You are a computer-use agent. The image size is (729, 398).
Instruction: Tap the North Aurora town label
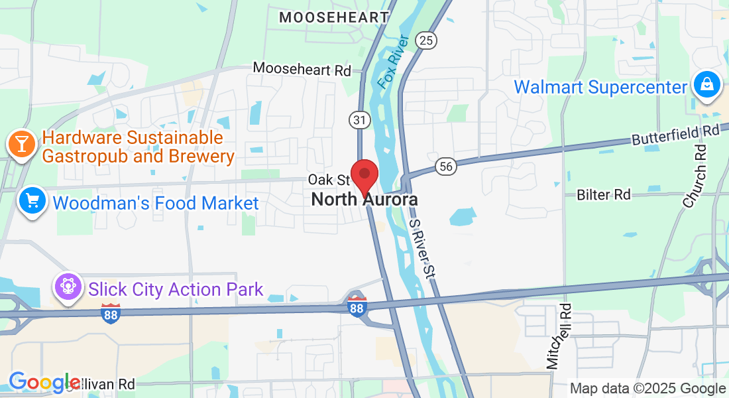[x=364, y=199]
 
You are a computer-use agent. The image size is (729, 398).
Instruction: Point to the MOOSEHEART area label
[x=333, y=17]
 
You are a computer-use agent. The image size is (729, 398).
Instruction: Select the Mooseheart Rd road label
[x=302, y=68]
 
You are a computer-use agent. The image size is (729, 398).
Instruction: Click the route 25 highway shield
[x=426, y=41]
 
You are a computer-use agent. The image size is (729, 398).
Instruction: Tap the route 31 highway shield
[x=359, y=120]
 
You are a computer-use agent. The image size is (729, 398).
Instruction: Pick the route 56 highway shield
[x=445, y=166]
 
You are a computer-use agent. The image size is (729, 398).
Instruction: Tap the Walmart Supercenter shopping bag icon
[x=706, y=85]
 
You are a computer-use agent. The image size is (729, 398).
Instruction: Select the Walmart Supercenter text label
[x=600, y=87]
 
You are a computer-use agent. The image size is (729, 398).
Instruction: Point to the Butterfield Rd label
[x=675, y=135]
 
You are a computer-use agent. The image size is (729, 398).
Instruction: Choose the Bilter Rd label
[x=603, y=194]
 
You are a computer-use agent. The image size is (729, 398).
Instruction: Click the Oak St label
[x=329, y=180]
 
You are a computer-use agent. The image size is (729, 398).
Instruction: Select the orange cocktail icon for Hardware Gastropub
[x=20, y=144]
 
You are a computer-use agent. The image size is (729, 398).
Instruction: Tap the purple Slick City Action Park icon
[x=68, y=288]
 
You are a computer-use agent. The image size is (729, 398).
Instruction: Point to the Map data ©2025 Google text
[x=647, y=389]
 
